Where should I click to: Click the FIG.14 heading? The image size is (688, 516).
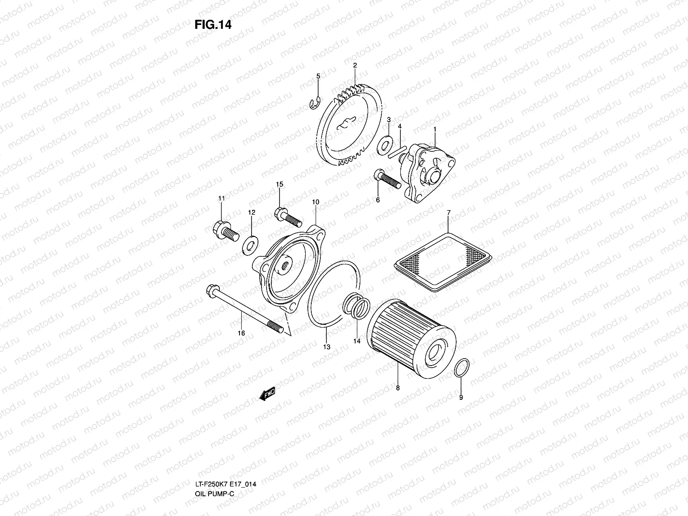(x=213, y=25)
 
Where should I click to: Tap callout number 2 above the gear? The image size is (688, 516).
(x=355, y=65)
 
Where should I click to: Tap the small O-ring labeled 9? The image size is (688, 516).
(x=462, y=369)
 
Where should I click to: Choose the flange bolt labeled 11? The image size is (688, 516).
(x=225, y=230)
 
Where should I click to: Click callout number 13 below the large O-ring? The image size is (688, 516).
(x=327, y=347)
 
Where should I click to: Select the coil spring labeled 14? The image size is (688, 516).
(x=356, y=305)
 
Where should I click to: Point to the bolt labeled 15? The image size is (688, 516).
(x=287, y=217)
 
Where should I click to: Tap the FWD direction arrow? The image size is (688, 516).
(x=267, y=394)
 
